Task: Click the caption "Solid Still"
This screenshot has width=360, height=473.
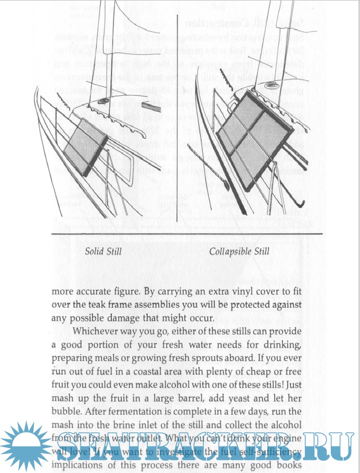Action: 103,252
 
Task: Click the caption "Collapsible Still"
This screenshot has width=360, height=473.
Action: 239,252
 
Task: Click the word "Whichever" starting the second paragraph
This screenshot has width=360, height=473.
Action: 97,331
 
